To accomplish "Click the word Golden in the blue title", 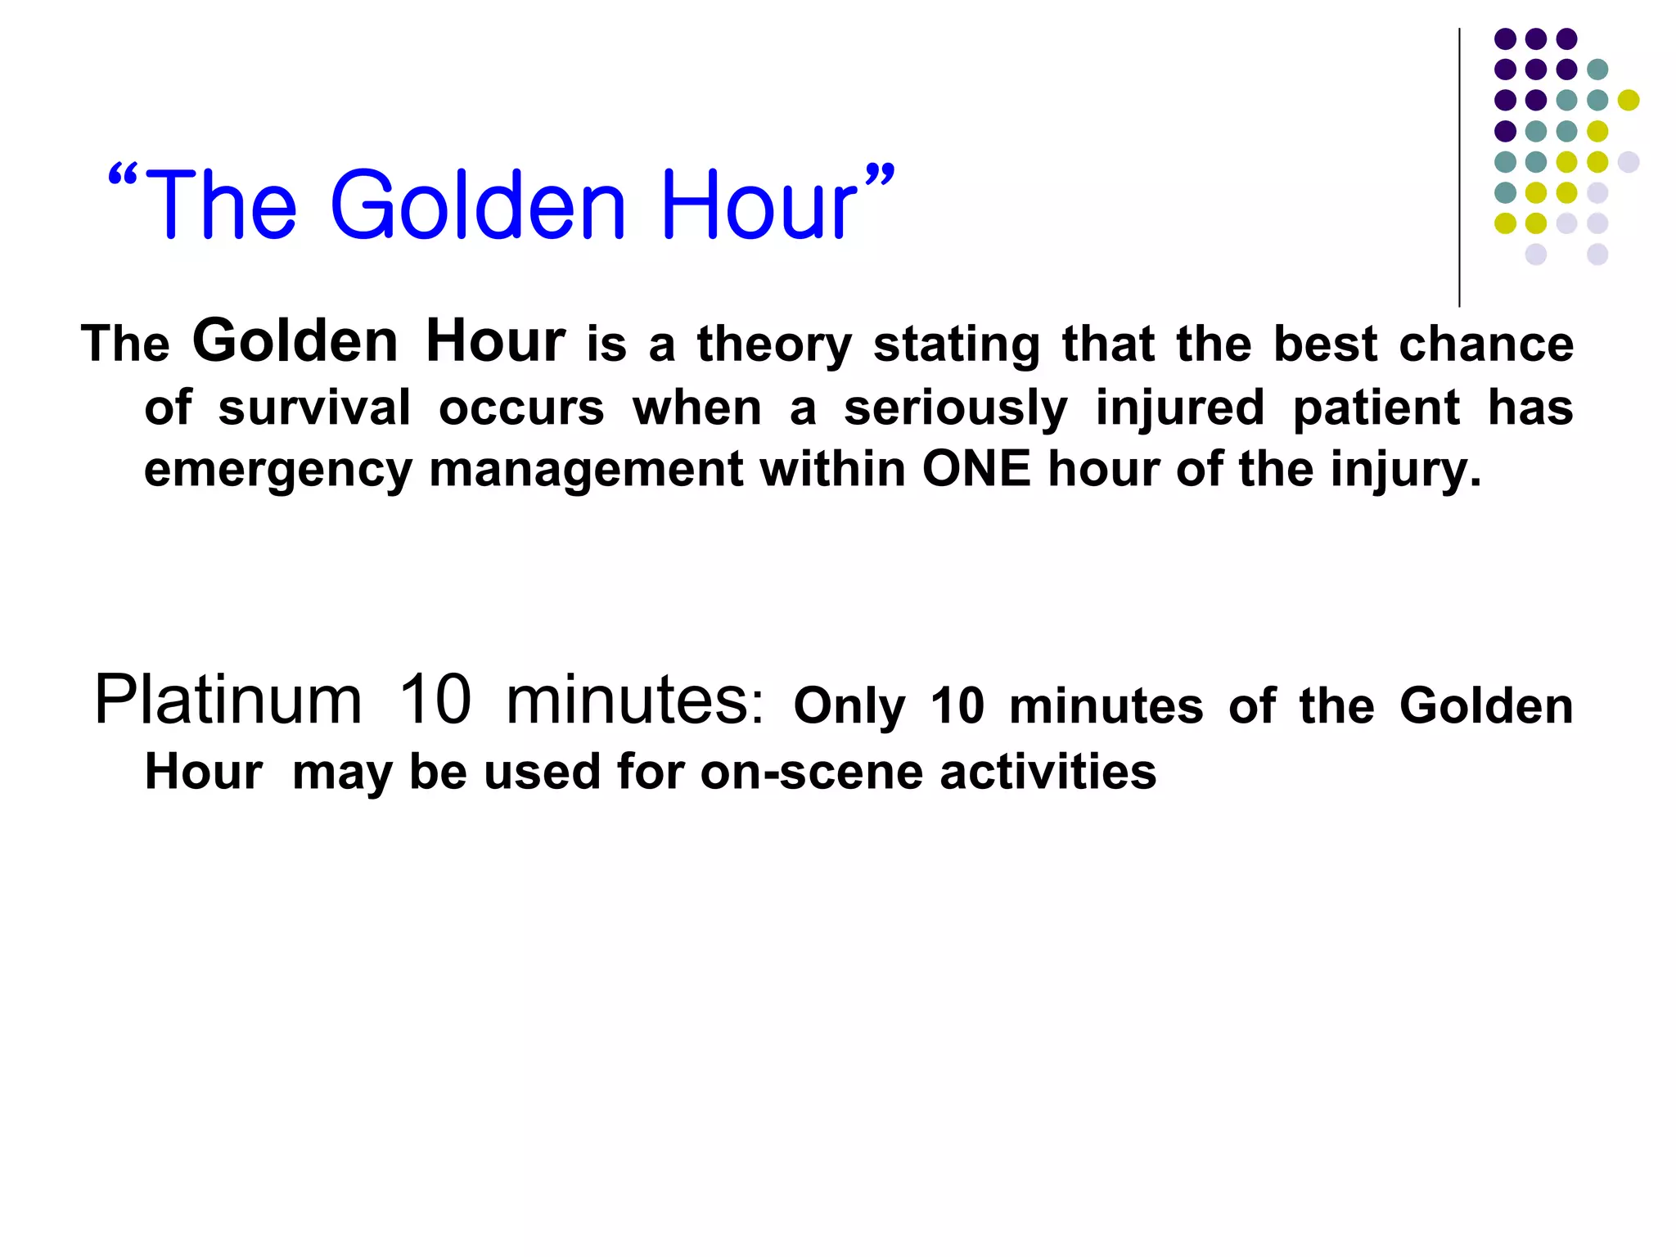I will (479, 205).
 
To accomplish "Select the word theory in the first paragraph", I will (774, 344).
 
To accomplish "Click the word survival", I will (314, 408).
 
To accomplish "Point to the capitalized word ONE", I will (976, 469).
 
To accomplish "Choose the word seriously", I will (955, 408).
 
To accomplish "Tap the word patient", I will (1376, 408).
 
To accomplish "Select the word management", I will (586, 471).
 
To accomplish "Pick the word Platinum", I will (228, 700).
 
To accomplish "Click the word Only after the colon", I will (849, 706).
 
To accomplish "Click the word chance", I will (1486, 344).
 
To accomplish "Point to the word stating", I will (956, 344).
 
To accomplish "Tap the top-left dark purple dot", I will (1505, 38).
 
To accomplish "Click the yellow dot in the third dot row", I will (1628, 100).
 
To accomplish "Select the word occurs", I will (521, 408).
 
